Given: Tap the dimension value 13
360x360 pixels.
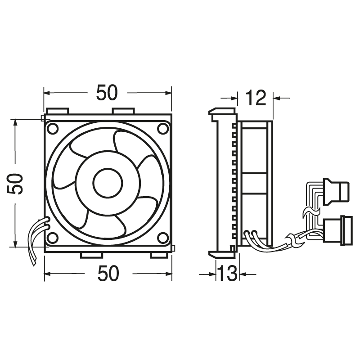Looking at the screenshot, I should pyautogui.click(x=228, y=273).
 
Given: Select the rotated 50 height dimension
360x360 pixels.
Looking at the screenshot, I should pyautogui.click(x=18, y=184).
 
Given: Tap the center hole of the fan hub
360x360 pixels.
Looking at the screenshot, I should pyautogui.click(x=108, y=183).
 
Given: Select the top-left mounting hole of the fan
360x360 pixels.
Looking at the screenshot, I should pyautogui.click(x=53, y=128).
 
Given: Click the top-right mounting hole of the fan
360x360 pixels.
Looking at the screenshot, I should pyautogui.click(x=163, y=128).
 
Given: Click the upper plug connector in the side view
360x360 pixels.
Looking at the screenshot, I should pyautogui.click(x=338, y=191).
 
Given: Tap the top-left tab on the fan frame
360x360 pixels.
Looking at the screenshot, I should pyautogui.click(x=57, y=110).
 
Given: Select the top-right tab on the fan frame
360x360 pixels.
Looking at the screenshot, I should pyautogui.click(x=123, y=110).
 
